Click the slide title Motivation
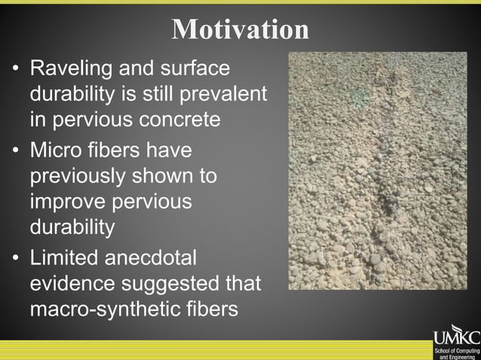click(240, 29)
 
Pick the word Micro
click(57, 151)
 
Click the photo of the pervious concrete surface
click(377, 170)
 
